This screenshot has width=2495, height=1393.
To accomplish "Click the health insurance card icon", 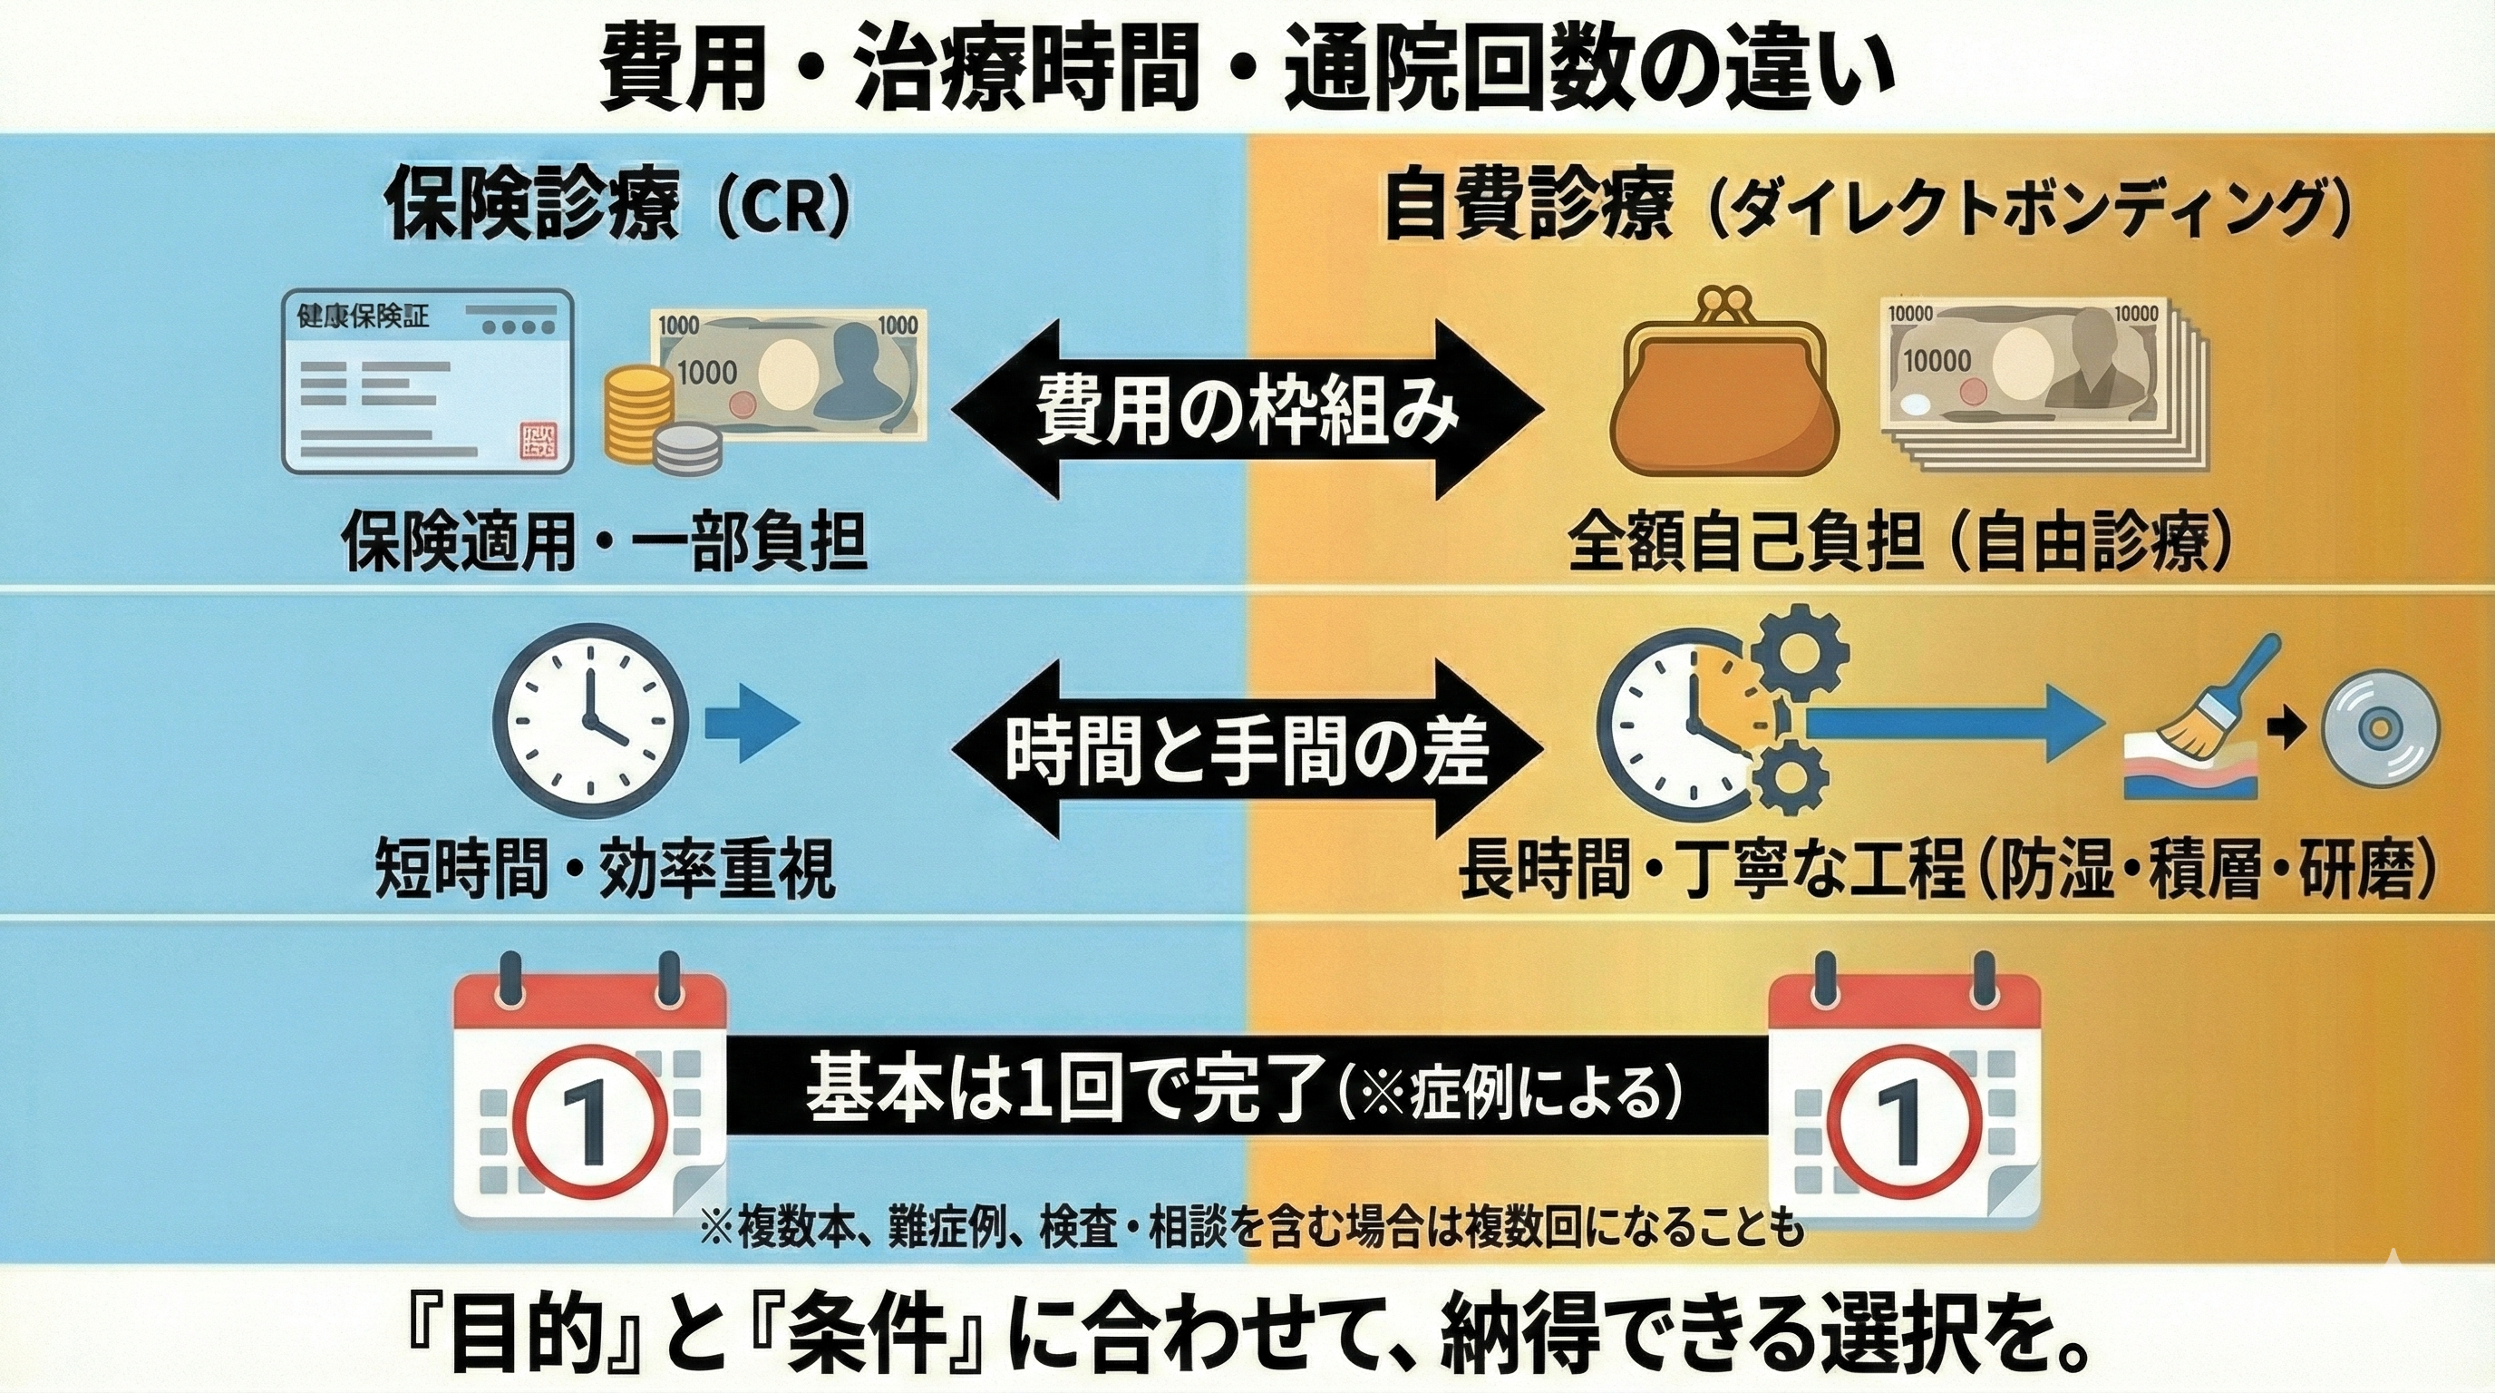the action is point(427,382).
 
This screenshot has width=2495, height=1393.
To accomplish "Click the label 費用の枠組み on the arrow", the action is point(1247,412).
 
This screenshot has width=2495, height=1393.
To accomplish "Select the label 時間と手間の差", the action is point(1246,748).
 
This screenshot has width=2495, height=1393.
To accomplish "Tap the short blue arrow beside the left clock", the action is point(752,723).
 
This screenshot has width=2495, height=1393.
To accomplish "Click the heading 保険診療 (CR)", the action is point(619,207).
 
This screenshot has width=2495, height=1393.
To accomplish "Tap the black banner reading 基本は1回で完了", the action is point(1246,1085).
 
